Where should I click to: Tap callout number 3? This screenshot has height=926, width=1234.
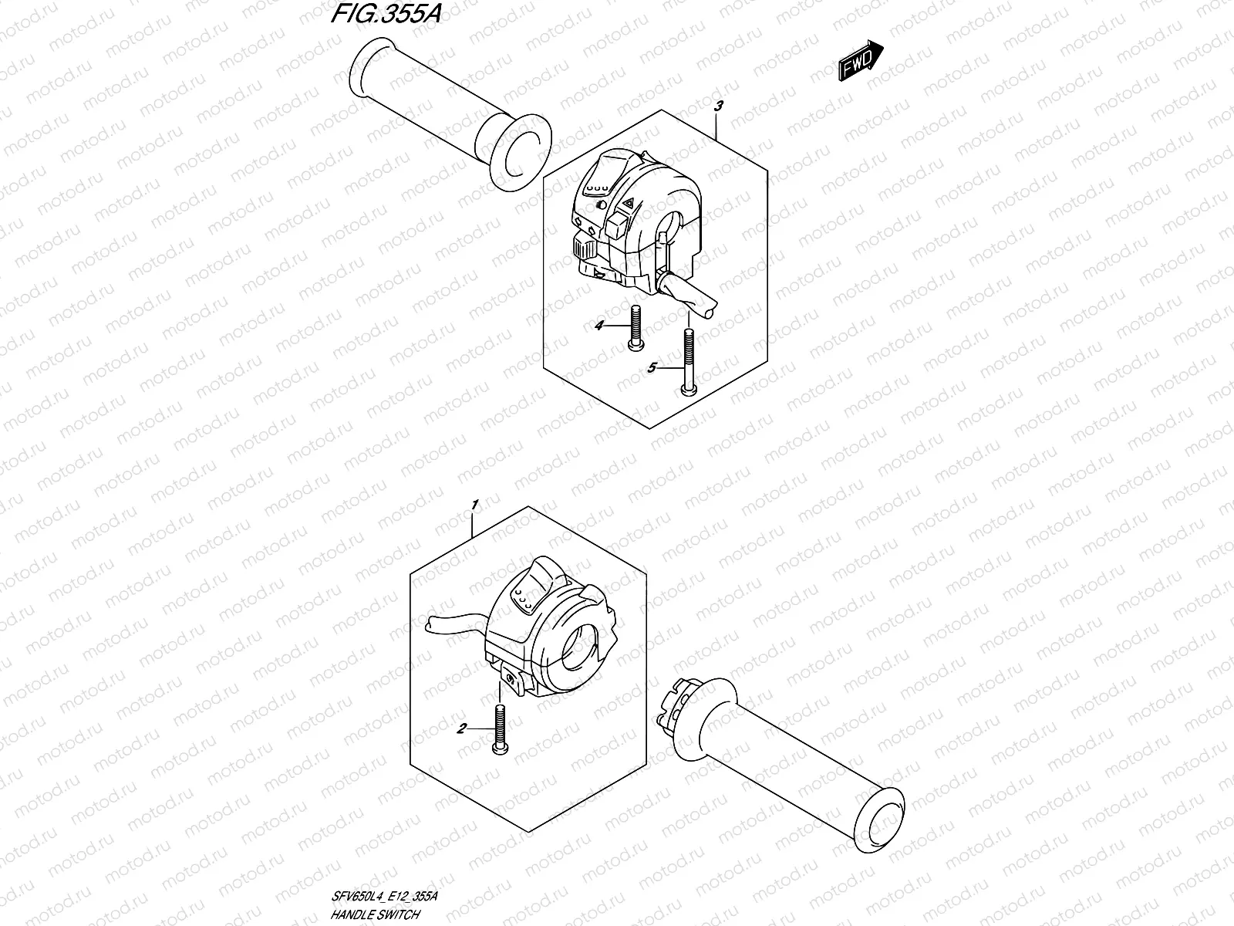[x=718, y=106]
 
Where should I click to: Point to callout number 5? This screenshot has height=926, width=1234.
[x=651, y=369]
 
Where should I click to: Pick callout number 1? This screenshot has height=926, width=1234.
[x=475, y=504]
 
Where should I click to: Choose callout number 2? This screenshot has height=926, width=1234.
[x=461, y=728]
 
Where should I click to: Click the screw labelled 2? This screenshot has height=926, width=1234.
[x=497, y=727]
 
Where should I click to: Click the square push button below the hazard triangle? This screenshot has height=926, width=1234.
[x=617, y=227]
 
